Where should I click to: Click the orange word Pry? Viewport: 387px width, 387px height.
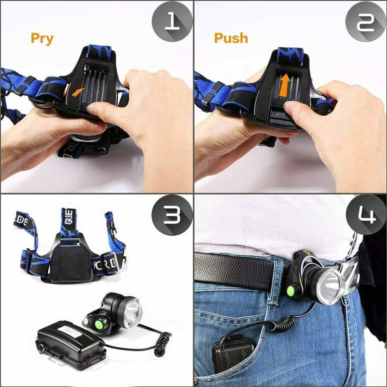[x=42, y=38]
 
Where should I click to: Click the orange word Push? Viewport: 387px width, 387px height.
[x=231, y=38]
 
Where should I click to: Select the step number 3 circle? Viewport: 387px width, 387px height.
[x=172, y=216]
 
